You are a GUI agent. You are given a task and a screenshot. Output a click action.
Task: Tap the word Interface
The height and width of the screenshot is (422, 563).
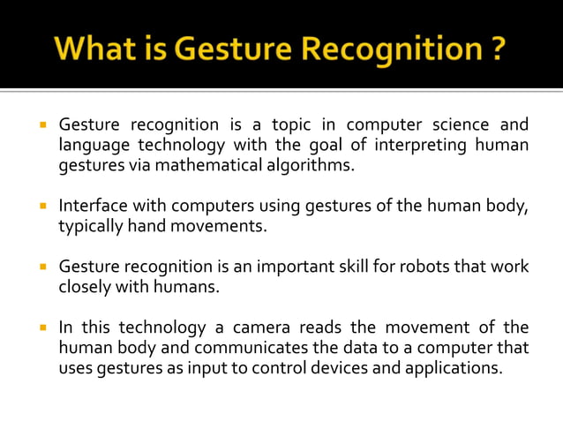click(94, 206)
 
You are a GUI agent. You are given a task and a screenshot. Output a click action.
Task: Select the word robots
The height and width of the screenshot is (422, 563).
click(414, 267)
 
